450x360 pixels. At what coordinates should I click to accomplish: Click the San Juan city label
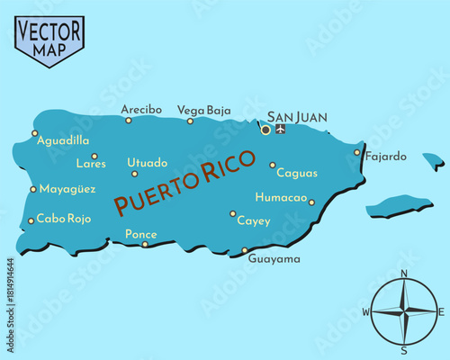click(298, 117)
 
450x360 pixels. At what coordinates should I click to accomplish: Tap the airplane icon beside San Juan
click(281, 129)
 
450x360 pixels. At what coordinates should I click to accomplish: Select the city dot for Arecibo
click(128, 119)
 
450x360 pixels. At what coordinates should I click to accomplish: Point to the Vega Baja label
click(204, 110)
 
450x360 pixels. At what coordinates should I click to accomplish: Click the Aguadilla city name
click(64, 141)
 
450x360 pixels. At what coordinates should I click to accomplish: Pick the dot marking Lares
click(94, 156)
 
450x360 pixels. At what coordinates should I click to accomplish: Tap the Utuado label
click(147, 163)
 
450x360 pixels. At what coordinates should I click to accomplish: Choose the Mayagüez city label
click(68, 189)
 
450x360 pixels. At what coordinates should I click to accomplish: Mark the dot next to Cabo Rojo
click(31, 220)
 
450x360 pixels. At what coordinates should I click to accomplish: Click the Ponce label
click(140, 234)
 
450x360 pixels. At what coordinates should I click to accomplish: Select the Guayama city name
click(274, 258)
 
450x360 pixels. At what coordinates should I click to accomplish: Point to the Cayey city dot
click(232, 213)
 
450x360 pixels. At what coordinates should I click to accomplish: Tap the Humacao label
click(281, 197)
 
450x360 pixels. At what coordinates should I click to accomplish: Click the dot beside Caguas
click(272, 165)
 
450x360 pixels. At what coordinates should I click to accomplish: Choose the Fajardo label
click(386, 156)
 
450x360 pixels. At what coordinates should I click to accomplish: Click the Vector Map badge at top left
click(49, 39)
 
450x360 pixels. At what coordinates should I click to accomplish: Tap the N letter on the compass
click(403, 274)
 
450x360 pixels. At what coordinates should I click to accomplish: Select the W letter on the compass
click(365, 311)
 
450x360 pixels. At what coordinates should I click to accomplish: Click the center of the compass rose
click(404, 311)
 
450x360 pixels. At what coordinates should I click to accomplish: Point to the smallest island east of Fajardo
click(435, 162)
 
